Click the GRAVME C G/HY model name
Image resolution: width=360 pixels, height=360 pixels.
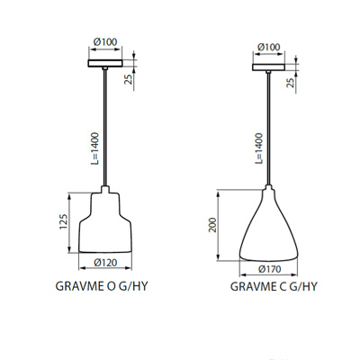273,288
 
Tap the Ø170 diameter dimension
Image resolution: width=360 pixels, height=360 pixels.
269,267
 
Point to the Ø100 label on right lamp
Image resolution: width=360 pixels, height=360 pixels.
268,46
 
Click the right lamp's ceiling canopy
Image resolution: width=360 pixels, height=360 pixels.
268,66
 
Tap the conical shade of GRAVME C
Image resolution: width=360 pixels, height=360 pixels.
269,229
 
